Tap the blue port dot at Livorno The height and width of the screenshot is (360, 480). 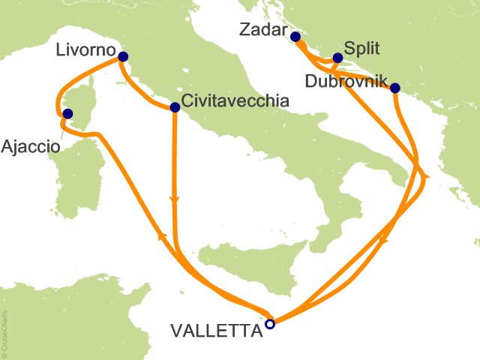123,56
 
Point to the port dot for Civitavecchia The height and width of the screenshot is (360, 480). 175,107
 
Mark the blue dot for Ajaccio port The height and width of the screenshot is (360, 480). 67,114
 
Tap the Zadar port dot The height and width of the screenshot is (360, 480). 295,36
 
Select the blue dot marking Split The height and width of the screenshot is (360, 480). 337,57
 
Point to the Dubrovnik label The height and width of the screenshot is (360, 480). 345,80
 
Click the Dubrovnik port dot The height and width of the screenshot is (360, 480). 395,88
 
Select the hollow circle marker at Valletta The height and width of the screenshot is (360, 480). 270,324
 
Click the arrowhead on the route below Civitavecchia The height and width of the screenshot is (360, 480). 175,200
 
